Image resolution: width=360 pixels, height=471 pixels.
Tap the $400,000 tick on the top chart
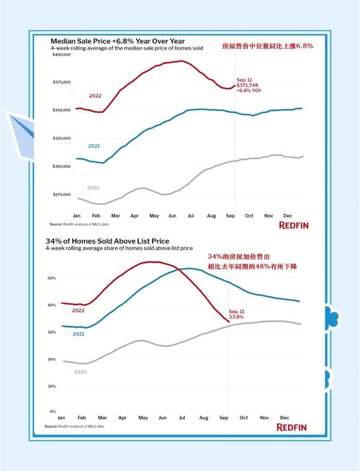(61, 55)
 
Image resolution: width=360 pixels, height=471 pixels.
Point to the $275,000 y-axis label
(61, 194)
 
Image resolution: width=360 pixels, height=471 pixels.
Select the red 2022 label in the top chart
(95, 96)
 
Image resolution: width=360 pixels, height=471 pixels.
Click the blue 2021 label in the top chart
(94, 146)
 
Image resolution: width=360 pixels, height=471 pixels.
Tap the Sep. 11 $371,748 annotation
(250, 85)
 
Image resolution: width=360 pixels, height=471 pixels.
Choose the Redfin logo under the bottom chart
(292, 427)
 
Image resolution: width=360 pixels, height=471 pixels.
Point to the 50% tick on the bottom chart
(51, 277)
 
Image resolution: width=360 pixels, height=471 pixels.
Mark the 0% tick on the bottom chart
(53, 411)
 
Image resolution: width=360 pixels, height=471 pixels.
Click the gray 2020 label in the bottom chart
(80, 372)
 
